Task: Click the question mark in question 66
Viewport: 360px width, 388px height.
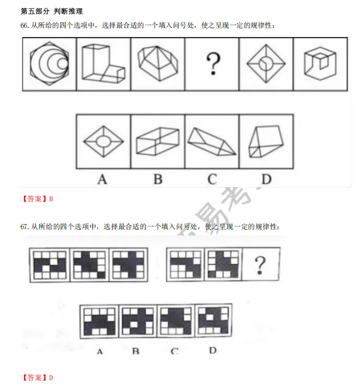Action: point(213,64)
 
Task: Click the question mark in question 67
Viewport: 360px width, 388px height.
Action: point(260,265)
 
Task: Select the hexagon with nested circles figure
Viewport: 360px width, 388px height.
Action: point(49,63)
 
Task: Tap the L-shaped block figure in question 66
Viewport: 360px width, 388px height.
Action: point(103,63)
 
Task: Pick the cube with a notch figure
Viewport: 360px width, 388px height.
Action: point(320,63)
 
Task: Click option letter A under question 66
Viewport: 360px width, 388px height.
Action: point(102,179)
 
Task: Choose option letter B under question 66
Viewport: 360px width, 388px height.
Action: point(158,179)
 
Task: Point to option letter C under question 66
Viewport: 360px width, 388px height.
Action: point(212,179)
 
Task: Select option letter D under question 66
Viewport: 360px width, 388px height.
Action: point(267,179)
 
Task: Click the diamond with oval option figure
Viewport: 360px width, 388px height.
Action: point(103,141)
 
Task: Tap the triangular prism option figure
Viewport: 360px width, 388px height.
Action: point(211,142)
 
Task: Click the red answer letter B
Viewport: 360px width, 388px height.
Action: point(51,199)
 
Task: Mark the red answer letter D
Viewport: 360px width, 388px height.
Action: point(51,378)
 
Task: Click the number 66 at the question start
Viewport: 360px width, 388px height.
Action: point(24,26)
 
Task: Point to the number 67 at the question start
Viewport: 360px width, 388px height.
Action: point(24,227)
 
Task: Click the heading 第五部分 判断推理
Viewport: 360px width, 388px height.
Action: point(51,11)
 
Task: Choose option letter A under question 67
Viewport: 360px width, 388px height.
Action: point(100,352)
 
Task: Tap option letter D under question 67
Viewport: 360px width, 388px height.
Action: point(213,350)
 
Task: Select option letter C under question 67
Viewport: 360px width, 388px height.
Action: point(175,351)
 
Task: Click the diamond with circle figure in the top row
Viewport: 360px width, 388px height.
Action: point(266,63)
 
